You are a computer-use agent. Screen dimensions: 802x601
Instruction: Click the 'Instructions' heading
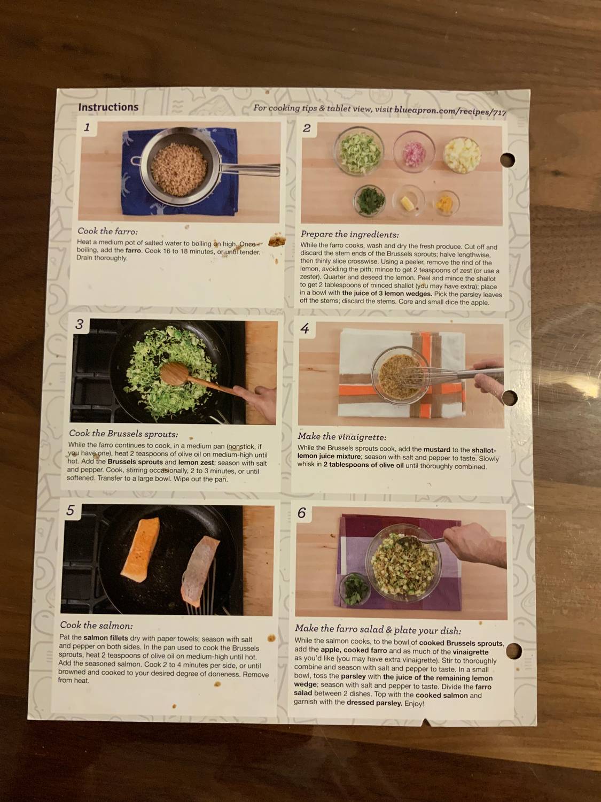tap(108, 107)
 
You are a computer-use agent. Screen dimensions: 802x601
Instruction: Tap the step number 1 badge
tap(87, 127)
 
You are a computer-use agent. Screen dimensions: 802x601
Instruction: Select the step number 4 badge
tap(305, 328)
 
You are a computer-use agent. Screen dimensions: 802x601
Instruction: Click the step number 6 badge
tap(302, 513)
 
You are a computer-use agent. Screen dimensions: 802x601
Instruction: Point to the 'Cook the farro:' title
tap(107, 231)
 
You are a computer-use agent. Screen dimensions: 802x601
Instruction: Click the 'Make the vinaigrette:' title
tap(342, 436)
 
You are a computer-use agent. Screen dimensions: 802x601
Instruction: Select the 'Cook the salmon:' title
tap(96, 625)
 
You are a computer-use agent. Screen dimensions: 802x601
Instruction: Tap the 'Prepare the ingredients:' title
tap(349, 234)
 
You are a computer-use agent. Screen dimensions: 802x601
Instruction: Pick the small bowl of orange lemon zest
tap(446, 204)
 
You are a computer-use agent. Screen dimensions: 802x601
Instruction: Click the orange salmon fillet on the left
tap(140, 549)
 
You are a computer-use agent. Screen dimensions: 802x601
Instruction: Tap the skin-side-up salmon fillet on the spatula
tap(198, 572)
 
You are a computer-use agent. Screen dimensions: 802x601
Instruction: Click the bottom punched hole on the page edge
tap(513, 651)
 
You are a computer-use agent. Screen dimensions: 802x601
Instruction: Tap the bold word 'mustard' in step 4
tap(436, 450)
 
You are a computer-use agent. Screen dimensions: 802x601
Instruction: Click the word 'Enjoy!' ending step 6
tap(413, 703)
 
